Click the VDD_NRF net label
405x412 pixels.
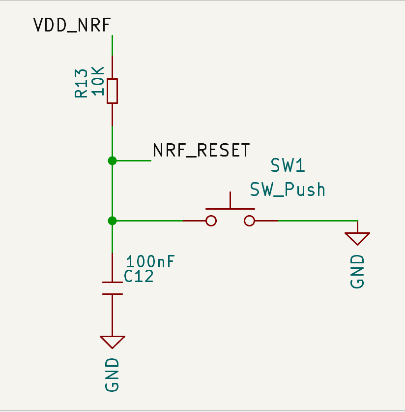point(72,25)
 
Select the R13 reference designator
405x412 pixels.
point(81,83)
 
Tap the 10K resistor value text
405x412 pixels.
point(98,81)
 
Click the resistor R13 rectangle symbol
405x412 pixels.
point(112,91)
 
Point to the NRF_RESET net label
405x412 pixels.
point(201,150)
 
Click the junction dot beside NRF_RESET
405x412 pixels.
point(112,160)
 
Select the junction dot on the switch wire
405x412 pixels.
point(112,221)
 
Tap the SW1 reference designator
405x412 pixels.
point(288,165)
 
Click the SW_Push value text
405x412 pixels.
point(288,189)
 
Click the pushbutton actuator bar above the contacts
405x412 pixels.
point(230,209)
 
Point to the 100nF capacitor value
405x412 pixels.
point(150,261)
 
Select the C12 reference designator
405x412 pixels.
point(139,277)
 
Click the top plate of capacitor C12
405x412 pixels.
point(112,282)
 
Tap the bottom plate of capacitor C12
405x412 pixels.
point(112,294)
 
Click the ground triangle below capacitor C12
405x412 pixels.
point(112,342)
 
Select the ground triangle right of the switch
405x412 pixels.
point(357,239)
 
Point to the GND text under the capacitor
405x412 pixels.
point(112,375)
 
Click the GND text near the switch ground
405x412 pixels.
point(357,271)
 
